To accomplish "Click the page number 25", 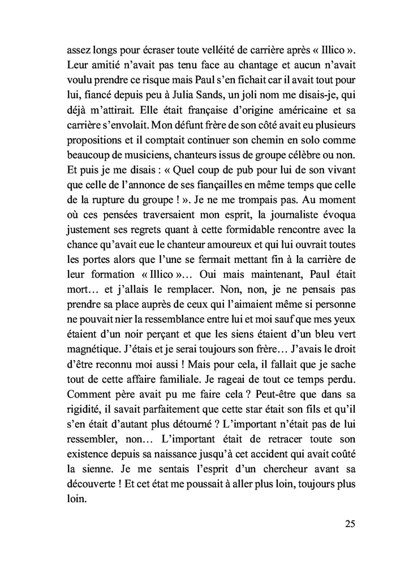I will point(350,524).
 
